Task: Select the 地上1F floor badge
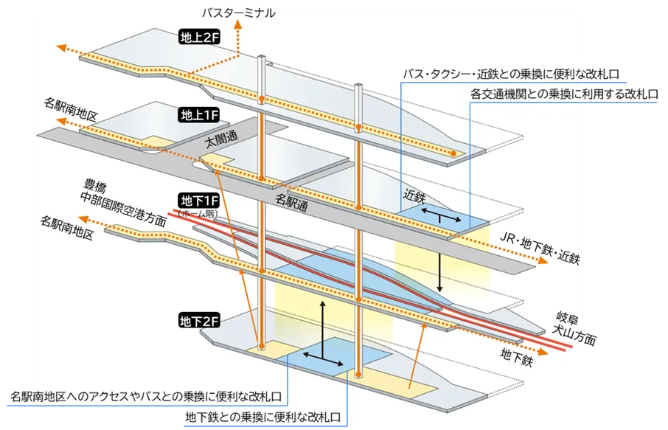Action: click(x=196, y=115)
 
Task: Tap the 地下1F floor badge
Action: click(x=196, y=201)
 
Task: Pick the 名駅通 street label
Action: click(x=291, y=200)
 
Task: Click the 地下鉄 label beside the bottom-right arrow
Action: click(x=516, y=357)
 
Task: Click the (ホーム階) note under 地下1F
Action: click(x=196, y=212)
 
